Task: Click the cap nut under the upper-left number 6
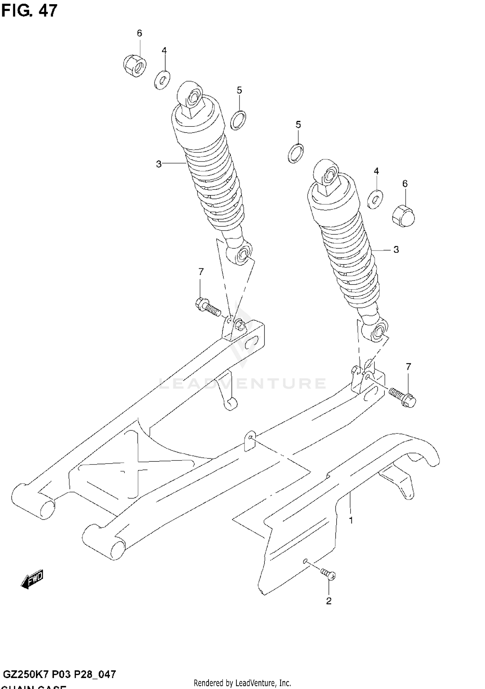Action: pyautogui.click(x=135, y=66)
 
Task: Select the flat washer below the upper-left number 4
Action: pyautogui.click(x=162, y=80)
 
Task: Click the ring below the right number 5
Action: pyautogui.click(x=296, y=153)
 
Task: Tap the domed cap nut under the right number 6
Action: pyautogui.click(x=403, y=216)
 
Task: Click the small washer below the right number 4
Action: pyautogui.click(x=375, y=199)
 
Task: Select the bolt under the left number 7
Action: pyautogui.click(x=208, y=307)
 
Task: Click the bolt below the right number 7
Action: pyautogui.click(x=403, y=397)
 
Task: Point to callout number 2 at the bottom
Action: pyautogui.click(x=329, y=601)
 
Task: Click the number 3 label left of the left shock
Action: pyautogui.click(x=159, y=164)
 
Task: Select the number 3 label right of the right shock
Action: pyautogui.click(x=396, y=250)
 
